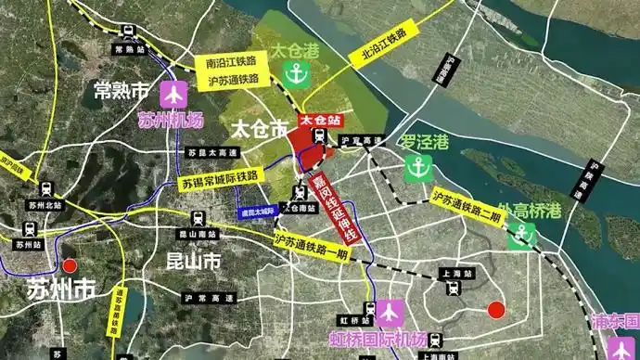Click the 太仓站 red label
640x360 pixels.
320,121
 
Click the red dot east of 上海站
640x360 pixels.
496,309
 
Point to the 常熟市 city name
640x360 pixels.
122,91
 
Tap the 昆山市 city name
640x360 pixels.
193,263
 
